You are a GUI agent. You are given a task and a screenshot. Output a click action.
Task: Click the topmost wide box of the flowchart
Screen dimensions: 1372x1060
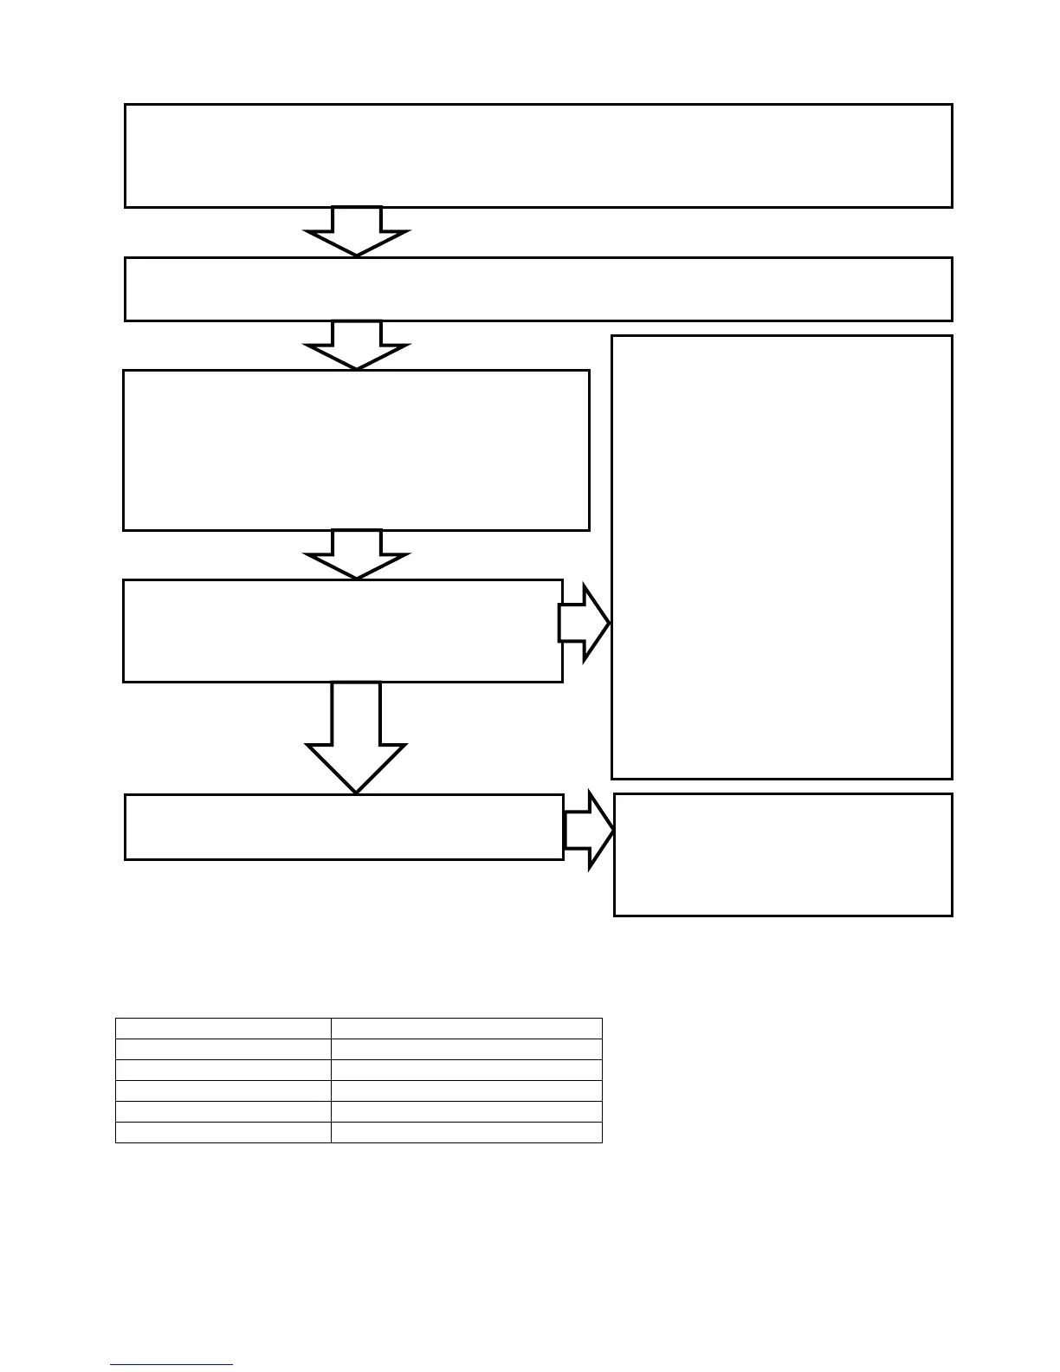tap(538, 156)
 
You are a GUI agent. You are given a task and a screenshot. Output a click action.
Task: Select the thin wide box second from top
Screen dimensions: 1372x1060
tap(538, 288)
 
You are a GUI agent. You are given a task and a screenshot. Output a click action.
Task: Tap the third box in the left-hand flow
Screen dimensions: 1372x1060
tap(356, 450)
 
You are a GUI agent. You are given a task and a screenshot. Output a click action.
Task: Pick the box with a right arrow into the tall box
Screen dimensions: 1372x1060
tap(342, 631)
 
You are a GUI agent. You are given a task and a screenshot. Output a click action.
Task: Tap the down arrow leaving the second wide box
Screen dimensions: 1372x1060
tap(356, 346)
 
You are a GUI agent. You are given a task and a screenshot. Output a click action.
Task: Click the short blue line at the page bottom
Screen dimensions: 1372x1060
tap(171, 1365)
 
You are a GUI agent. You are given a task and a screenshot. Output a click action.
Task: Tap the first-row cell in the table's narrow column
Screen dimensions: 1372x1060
tap(223, 1028)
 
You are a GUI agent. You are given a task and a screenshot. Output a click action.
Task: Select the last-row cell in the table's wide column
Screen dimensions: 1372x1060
tap(466, 1132)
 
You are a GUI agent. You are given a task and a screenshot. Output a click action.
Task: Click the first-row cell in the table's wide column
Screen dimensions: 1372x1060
tap(466, 1028)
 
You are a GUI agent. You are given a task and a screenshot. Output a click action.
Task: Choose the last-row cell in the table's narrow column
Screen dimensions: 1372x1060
tap(223, 1132)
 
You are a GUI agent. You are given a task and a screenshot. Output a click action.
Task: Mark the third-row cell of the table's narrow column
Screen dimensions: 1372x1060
tap(223, 1070)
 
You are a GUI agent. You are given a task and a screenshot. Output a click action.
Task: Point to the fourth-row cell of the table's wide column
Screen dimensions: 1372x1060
tap(466, 1090)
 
